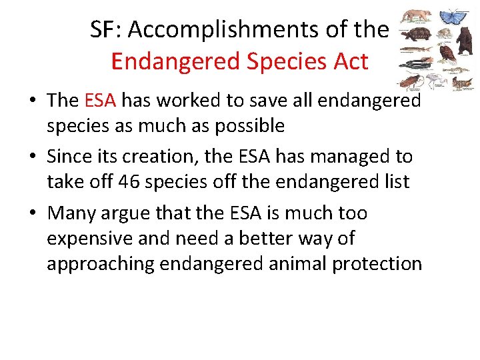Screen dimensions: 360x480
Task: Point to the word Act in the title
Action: [x=349, y=61]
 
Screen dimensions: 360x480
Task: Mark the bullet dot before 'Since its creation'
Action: [x=33, y=157]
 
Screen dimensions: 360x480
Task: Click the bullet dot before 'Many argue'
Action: [x=33, y=213]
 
